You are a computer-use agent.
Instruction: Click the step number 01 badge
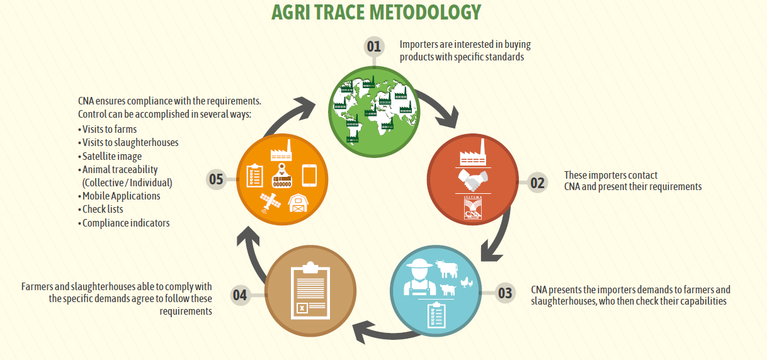[374, 47]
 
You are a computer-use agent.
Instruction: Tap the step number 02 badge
[537, 183]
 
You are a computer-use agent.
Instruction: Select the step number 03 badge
[505, 293]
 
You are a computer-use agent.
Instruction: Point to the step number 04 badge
[240, 295]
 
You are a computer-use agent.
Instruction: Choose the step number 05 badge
[216, 179]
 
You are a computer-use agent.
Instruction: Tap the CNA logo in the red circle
[473, 208]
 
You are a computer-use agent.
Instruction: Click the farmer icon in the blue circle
[420, 277]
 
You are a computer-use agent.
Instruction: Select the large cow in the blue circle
[447, 269]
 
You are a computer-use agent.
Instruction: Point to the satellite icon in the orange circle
[271, 203]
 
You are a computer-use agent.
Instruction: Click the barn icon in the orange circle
[298, 203]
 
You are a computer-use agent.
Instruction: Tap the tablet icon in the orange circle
[310, 176]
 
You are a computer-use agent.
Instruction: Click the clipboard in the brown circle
[310, 291]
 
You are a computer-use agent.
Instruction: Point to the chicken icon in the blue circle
[467, 283]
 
